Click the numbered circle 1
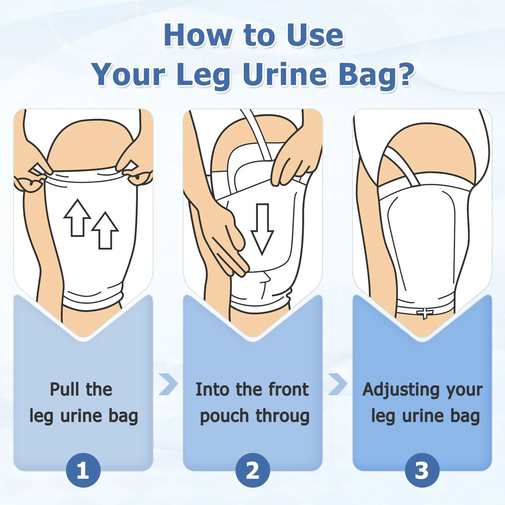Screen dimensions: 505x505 (x=83, y=470)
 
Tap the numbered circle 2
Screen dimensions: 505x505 (x=252, y=470)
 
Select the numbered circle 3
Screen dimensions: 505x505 (x=422, y=470)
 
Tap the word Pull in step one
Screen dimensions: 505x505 (x=64, y=389)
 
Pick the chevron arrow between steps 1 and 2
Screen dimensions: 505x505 (x=168, y=384)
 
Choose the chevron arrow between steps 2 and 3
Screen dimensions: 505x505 (x=337, y=384)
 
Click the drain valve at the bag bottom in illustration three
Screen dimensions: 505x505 (x=425, y=313)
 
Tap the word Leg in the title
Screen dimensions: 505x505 (x=204, y=75)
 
